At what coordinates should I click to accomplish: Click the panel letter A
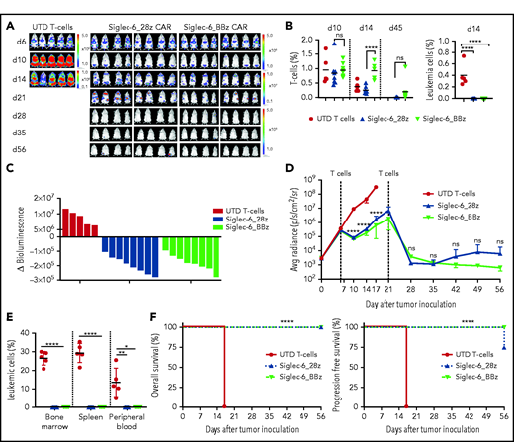[7, 6]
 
